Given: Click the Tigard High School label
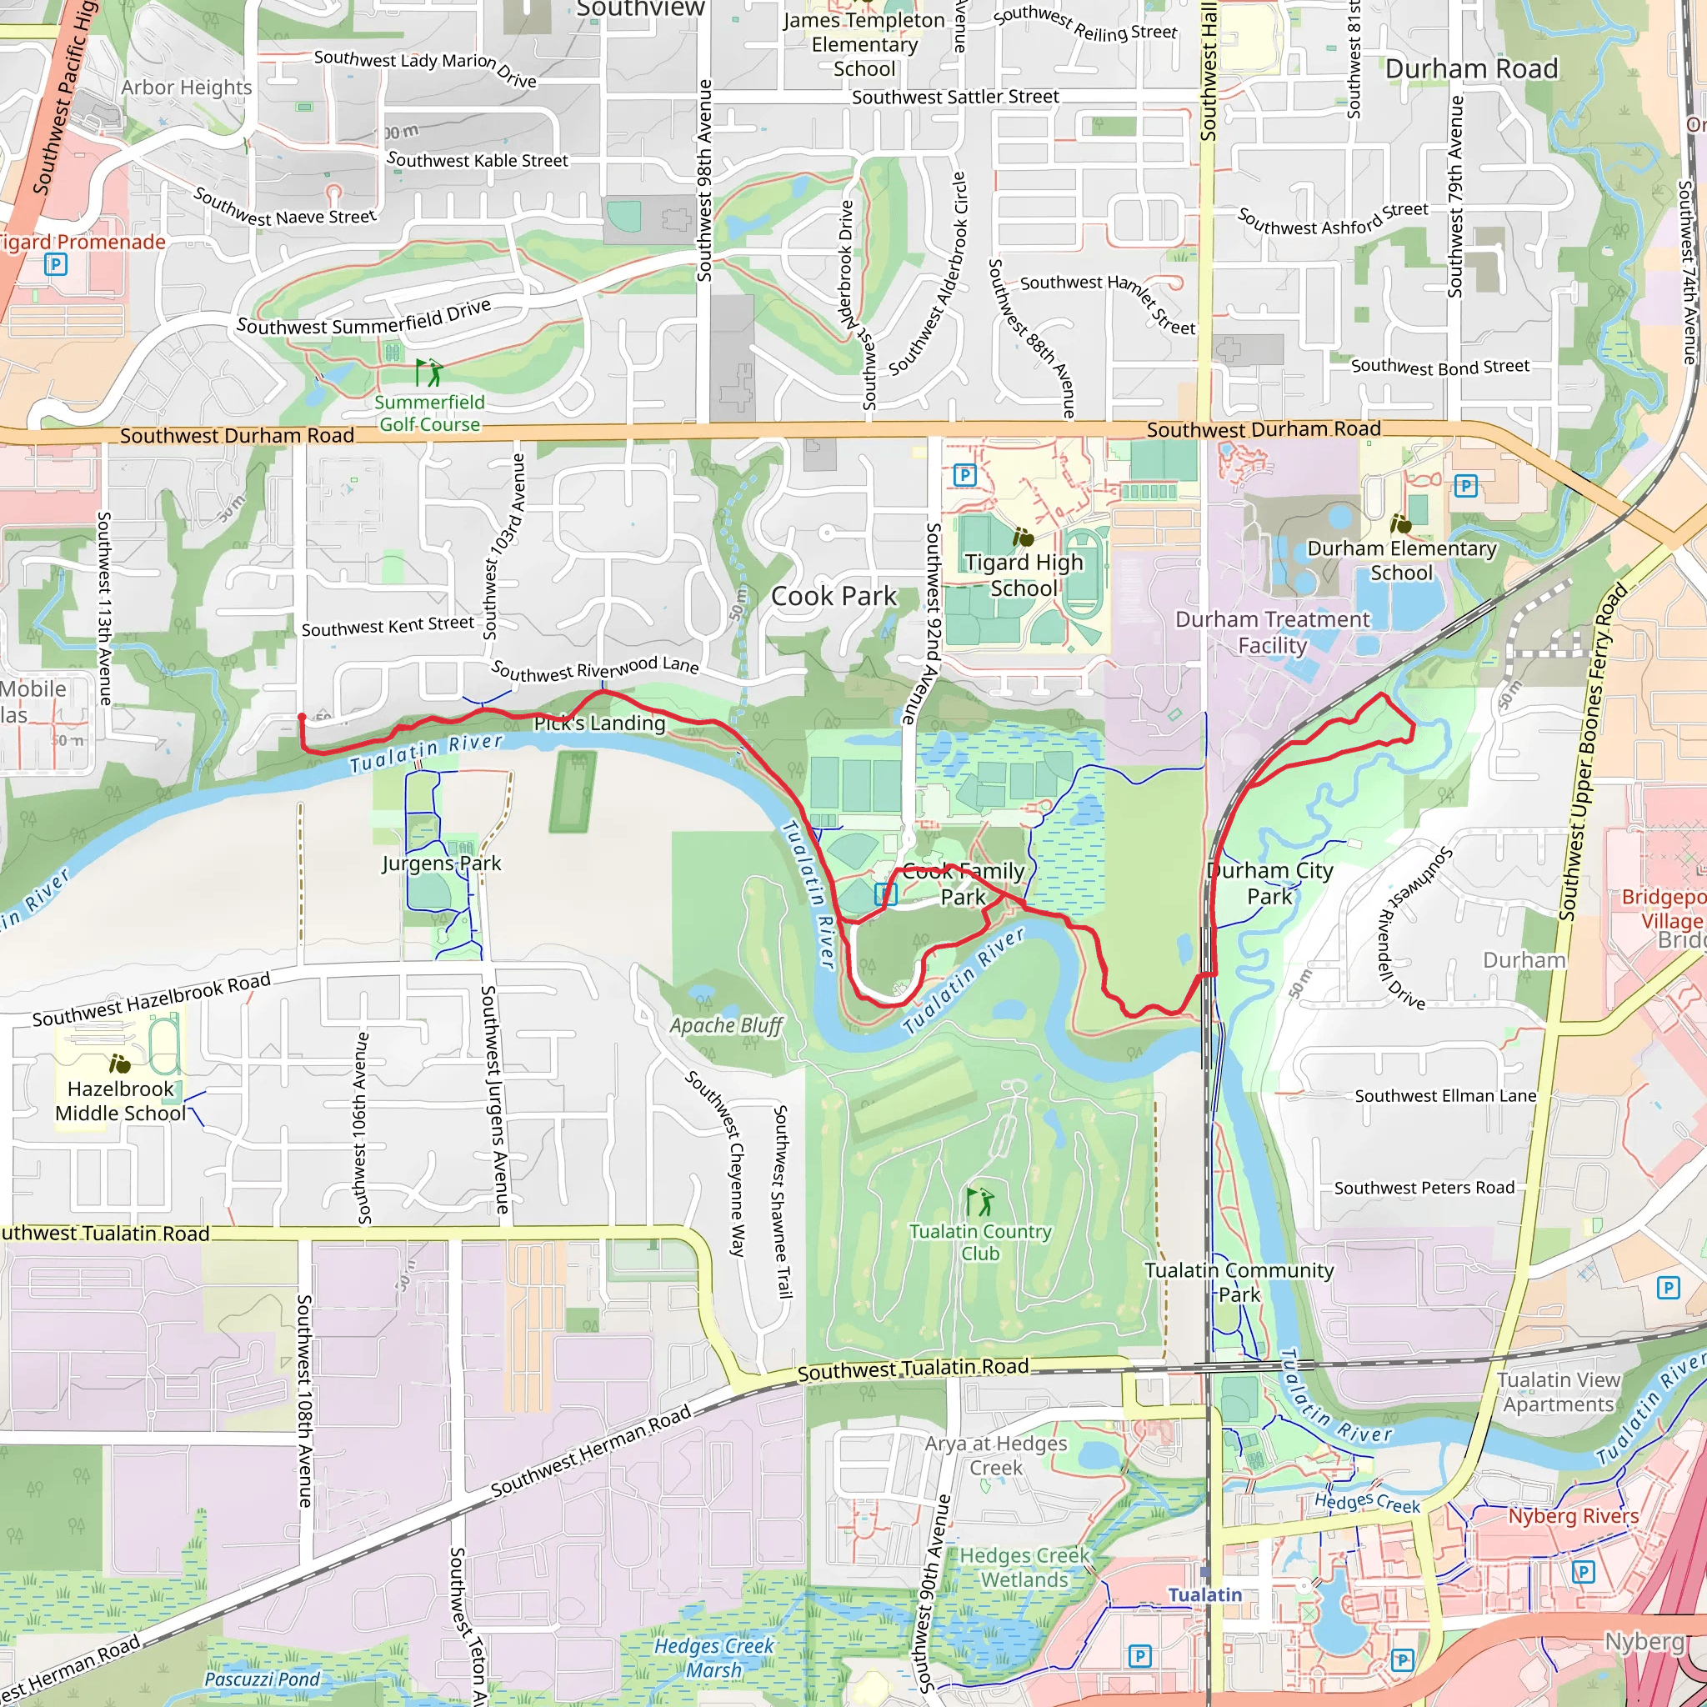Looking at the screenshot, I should pyautogui.click(x=1024, y=575).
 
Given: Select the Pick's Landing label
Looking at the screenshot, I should pyautogui.click(x=599, y=723).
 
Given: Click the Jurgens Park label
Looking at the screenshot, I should pyautogui.click(x=441, y=864).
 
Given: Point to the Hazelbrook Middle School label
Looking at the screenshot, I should pyautogui.click(x=120, y=1101).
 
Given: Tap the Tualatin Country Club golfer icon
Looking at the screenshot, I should pyautogui.click(x=980, y=1201).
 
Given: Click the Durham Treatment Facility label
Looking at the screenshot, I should pyautogui.click(x=1271, y=632).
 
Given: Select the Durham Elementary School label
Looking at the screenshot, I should pyautogui.click(x=1401, y=561).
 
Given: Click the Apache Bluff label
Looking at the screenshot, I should pyautogui.click(x=726, y=1025).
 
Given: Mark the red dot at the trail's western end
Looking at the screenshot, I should pyautogui.click(x=303, y=718).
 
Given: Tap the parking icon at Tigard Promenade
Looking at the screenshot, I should pyautogui.click(x=56, y=263).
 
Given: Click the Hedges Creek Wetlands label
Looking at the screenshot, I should pyautogui.click(x=1024, y=1568).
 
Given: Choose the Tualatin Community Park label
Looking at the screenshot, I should pyautogui.click(x=1239, y=1282).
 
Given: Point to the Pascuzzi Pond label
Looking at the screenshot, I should pyautogui.click(x=262, y=1679).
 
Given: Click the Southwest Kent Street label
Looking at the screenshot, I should pyautogui.click(x=388, y=627).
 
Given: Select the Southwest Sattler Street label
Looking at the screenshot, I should pyautogui.click(x=955, y=97).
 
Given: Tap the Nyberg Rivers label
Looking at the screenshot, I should pyautogui.click(x=1573, y=1516).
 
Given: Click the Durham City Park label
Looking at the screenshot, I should pyautogui.click(x=1269, y=883).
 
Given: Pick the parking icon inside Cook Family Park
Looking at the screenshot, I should pyautogui.click(x=885, y=894).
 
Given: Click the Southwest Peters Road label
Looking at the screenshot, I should pyautogui.click(x=1424, y=1188).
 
